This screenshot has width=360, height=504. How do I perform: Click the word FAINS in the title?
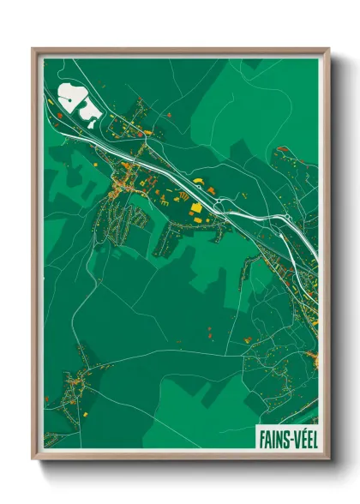[273, 438]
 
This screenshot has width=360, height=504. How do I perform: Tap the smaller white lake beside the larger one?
[88, 109]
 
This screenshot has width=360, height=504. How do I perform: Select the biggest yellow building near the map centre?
[195, 207]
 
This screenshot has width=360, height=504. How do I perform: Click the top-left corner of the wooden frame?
[33, 50]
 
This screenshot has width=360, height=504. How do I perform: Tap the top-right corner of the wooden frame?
[328, 50]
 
